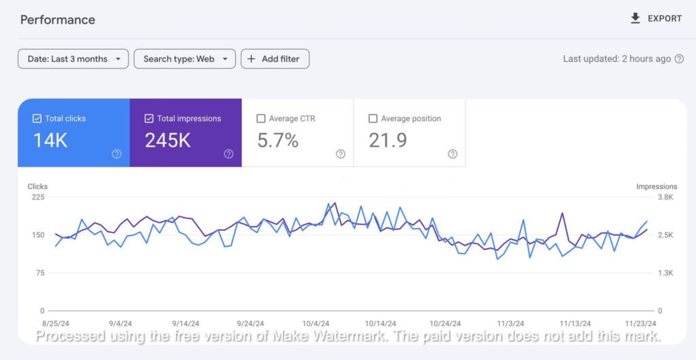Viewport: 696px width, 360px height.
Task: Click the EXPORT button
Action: tap(656, 18)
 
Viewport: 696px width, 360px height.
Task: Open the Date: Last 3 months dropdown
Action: tap(73, 59)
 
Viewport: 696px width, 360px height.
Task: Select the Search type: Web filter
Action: tap(185, 59)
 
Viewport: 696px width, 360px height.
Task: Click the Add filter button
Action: tap(275, 59)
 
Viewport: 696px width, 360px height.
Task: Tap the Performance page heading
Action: tap(58, 20)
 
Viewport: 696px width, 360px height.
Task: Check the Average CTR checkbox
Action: tap(261, 119)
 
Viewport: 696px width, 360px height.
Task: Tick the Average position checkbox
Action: tap(373, 119)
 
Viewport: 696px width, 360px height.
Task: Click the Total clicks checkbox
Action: tap(37, 119)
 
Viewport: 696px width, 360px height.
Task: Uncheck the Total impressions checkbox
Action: tap(150, 119)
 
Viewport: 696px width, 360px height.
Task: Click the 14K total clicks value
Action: tap(51, 141)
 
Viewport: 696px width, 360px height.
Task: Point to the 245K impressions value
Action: tap(168, 141)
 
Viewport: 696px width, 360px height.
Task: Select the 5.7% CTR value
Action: tap(278, 141)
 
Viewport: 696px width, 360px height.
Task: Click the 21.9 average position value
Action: tap(388, 141)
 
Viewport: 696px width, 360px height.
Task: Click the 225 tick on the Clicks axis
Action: tap(37, 197)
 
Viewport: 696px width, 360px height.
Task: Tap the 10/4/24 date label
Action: tap(316, 324)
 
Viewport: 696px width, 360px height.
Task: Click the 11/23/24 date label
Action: tap(641, 324)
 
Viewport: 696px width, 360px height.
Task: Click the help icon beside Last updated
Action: tap(678, 59)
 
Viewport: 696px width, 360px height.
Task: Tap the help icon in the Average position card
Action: tap(453, 154)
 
